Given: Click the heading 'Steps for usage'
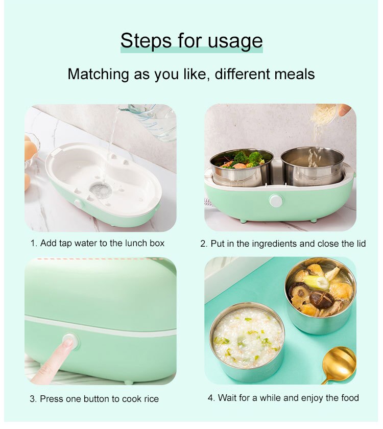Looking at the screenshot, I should (x=192, y=40).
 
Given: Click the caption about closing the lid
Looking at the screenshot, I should (x=282, y=244).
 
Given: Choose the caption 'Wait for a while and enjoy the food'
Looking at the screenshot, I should (x=283, y=397).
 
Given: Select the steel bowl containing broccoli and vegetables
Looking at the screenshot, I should (x=241, y=167).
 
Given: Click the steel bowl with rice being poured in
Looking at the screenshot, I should (x=312, y=166).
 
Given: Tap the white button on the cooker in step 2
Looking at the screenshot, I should (x=276, y=201).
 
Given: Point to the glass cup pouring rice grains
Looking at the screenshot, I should (x=324, y=114).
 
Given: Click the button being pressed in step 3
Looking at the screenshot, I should (x=70, y=341).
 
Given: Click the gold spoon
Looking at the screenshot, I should (x=340, y=363).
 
